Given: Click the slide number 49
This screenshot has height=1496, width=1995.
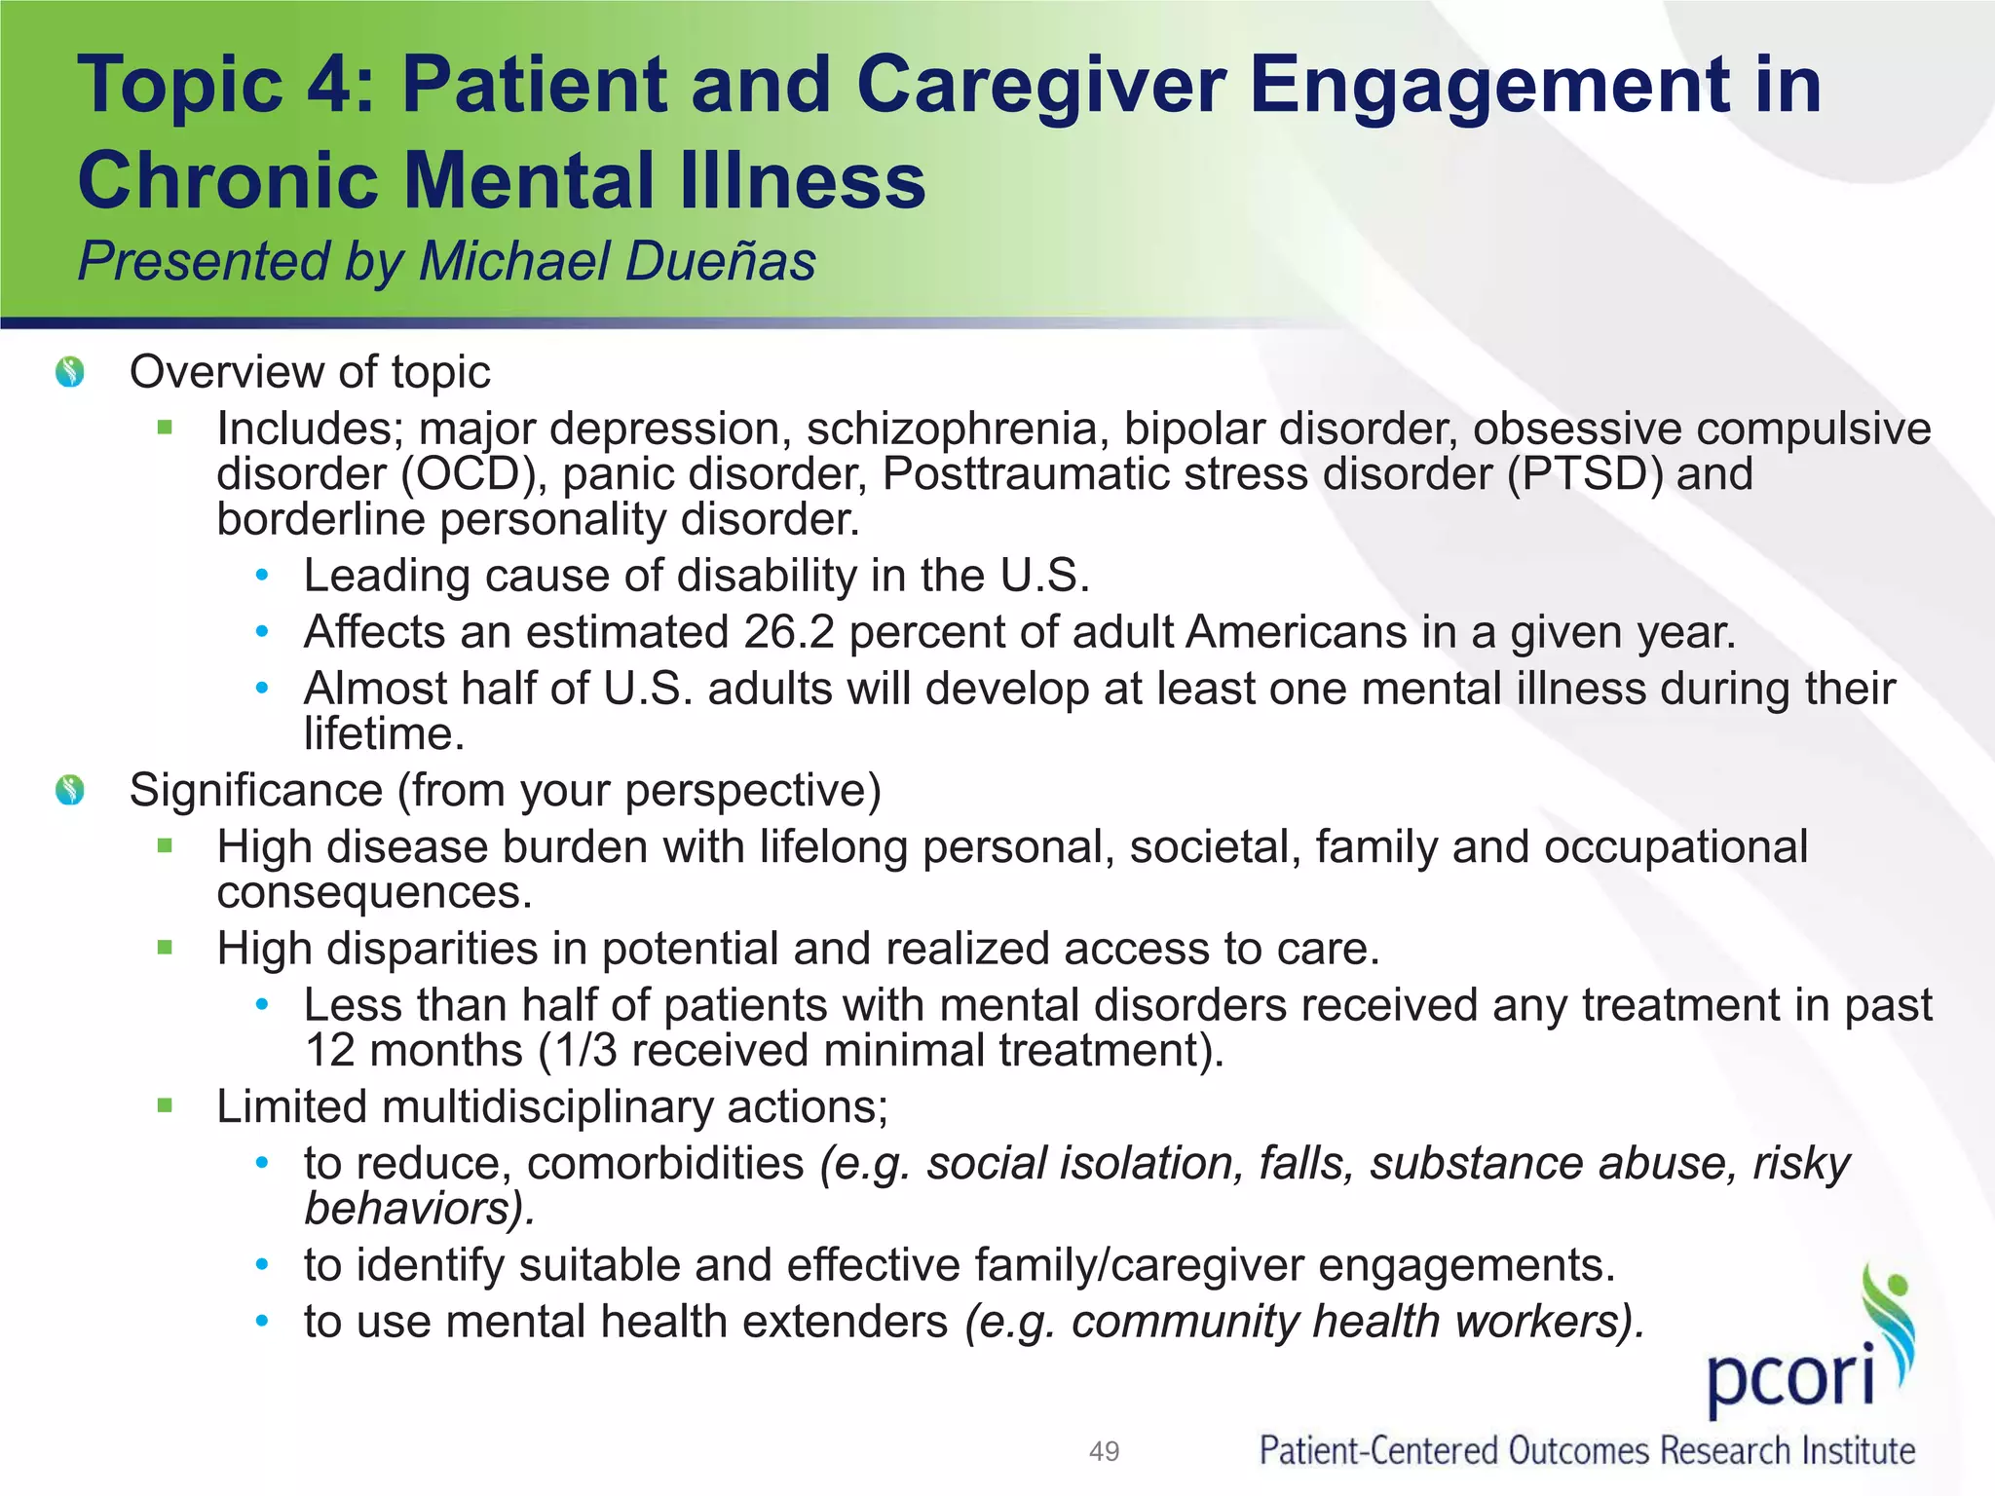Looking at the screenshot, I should [x=1104, y=1451].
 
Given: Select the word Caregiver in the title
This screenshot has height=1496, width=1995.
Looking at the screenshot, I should [x=1041, y=85].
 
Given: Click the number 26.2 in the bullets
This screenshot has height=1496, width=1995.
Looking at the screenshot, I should [x=789, y=632].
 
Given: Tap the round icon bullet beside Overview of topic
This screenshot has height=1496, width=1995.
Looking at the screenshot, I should [x=70, y=372].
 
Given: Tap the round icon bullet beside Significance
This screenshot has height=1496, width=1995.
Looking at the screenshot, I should [x=70, y=790].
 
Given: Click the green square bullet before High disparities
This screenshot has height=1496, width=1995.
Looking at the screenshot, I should [x=165, y=948].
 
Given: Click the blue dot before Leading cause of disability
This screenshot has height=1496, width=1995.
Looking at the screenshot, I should [x=261, y=576].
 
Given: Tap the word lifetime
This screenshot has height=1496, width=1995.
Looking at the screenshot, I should [x=383, y=734].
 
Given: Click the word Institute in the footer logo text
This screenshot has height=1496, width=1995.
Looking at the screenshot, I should [x=1858, y=1451].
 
